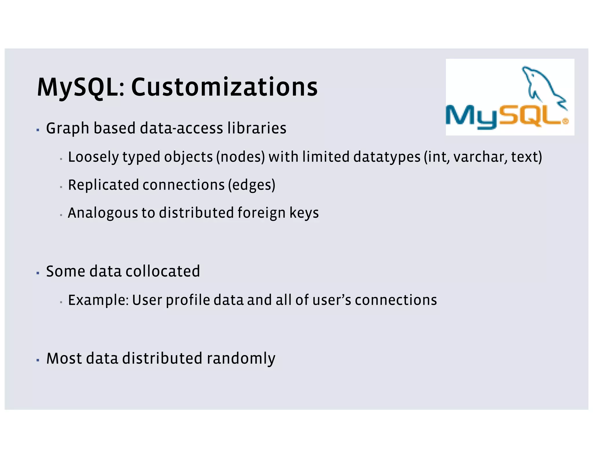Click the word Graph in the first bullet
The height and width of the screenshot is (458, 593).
click(x=67, y=128)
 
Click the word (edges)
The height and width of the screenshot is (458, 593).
click(x=252, y=185)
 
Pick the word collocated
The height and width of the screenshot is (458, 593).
click(x=162, y=272)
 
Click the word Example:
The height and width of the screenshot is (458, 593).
click(x=98, y=300)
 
